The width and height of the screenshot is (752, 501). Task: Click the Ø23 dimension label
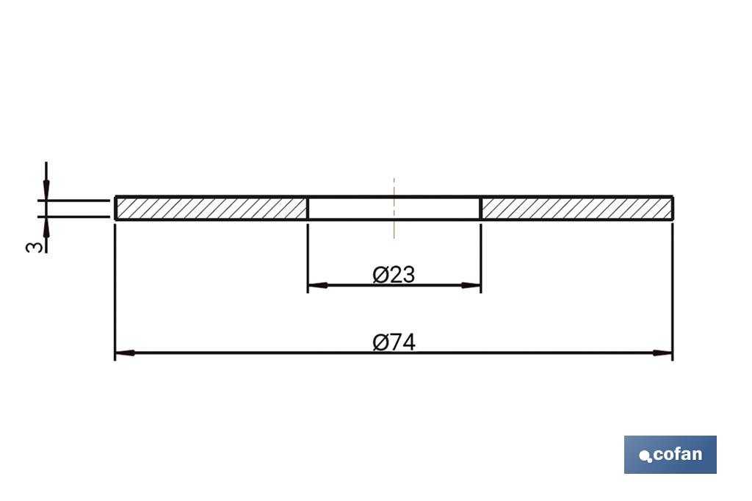click(394, 275)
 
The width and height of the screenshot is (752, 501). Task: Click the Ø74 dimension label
click(394, 342)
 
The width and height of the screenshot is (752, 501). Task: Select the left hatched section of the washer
click(211, 208)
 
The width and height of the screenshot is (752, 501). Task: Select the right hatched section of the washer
click(576, 208)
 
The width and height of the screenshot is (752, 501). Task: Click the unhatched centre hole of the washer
click(367, 208)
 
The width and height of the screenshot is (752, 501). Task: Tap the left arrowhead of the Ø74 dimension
click(124, 353)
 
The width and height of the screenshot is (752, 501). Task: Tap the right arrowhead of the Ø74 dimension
click(663, 353)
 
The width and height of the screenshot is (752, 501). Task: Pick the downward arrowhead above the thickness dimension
click(46, 190)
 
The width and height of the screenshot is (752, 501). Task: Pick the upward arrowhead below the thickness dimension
click(46, 226)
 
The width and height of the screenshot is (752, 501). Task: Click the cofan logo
click(670, 454)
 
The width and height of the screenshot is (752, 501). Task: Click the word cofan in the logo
click(677, 454)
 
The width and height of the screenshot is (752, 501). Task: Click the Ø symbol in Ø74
click(380, 342)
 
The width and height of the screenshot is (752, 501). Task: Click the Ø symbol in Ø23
click(380, 275)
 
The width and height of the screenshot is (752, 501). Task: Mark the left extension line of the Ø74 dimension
click(115, 294)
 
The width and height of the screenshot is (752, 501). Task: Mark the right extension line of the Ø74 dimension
click(673, 294)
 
